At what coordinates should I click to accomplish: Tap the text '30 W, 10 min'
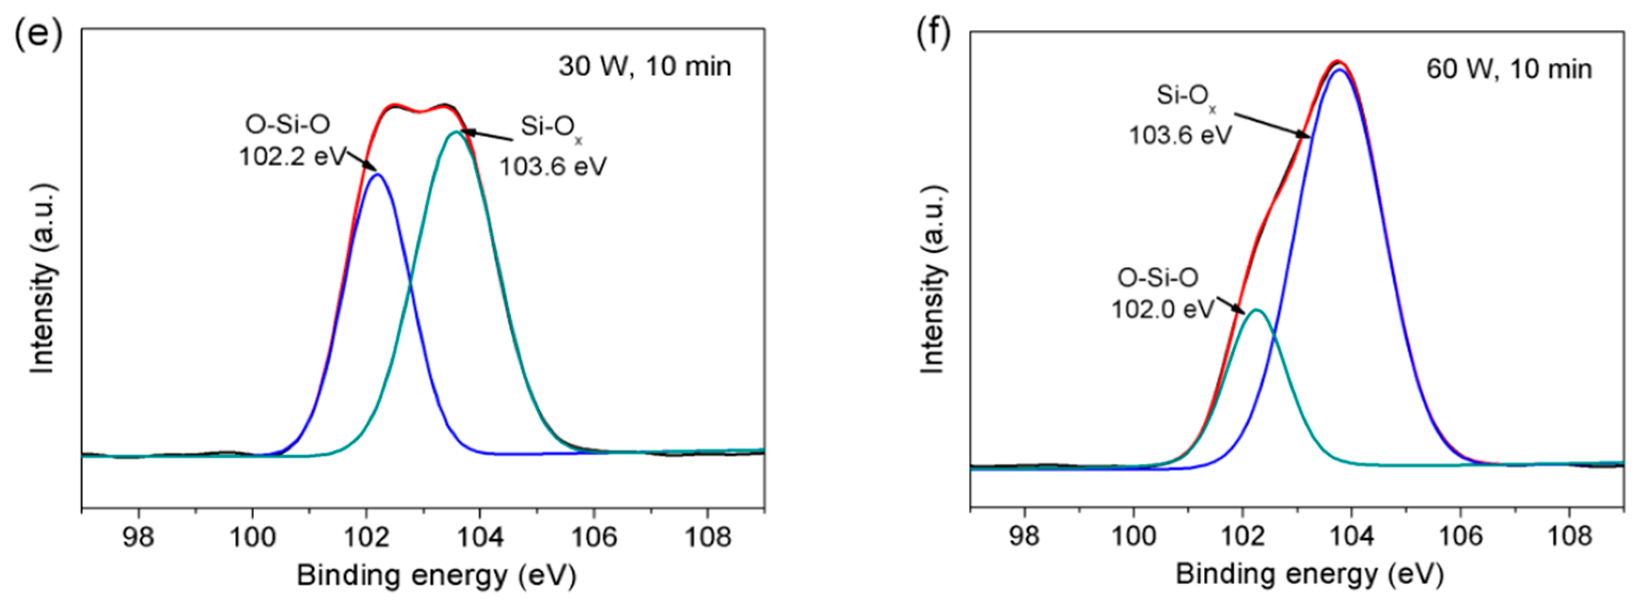(645, 66)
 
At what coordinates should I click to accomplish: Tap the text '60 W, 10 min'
(1508, 69)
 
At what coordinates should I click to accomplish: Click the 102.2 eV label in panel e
(292, 156)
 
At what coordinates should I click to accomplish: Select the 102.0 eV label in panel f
(1163, 310)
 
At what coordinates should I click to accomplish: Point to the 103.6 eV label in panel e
(553, 167)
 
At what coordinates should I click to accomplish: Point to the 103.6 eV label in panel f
(1180, 135)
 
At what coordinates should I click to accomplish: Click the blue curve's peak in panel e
(377, 174)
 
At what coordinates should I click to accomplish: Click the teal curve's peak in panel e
(456, 132)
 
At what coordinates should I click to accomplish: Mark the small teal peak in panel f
(1256, 310)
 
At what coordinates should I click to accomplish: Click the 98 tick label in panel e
(138, 538)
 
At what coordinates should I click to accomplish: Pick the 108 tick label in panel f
(1569, 536)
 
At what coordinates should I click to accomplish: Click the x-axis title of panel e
(436, 575)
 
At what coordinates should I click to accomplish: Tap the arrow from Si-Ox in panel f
(1272, 125)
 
